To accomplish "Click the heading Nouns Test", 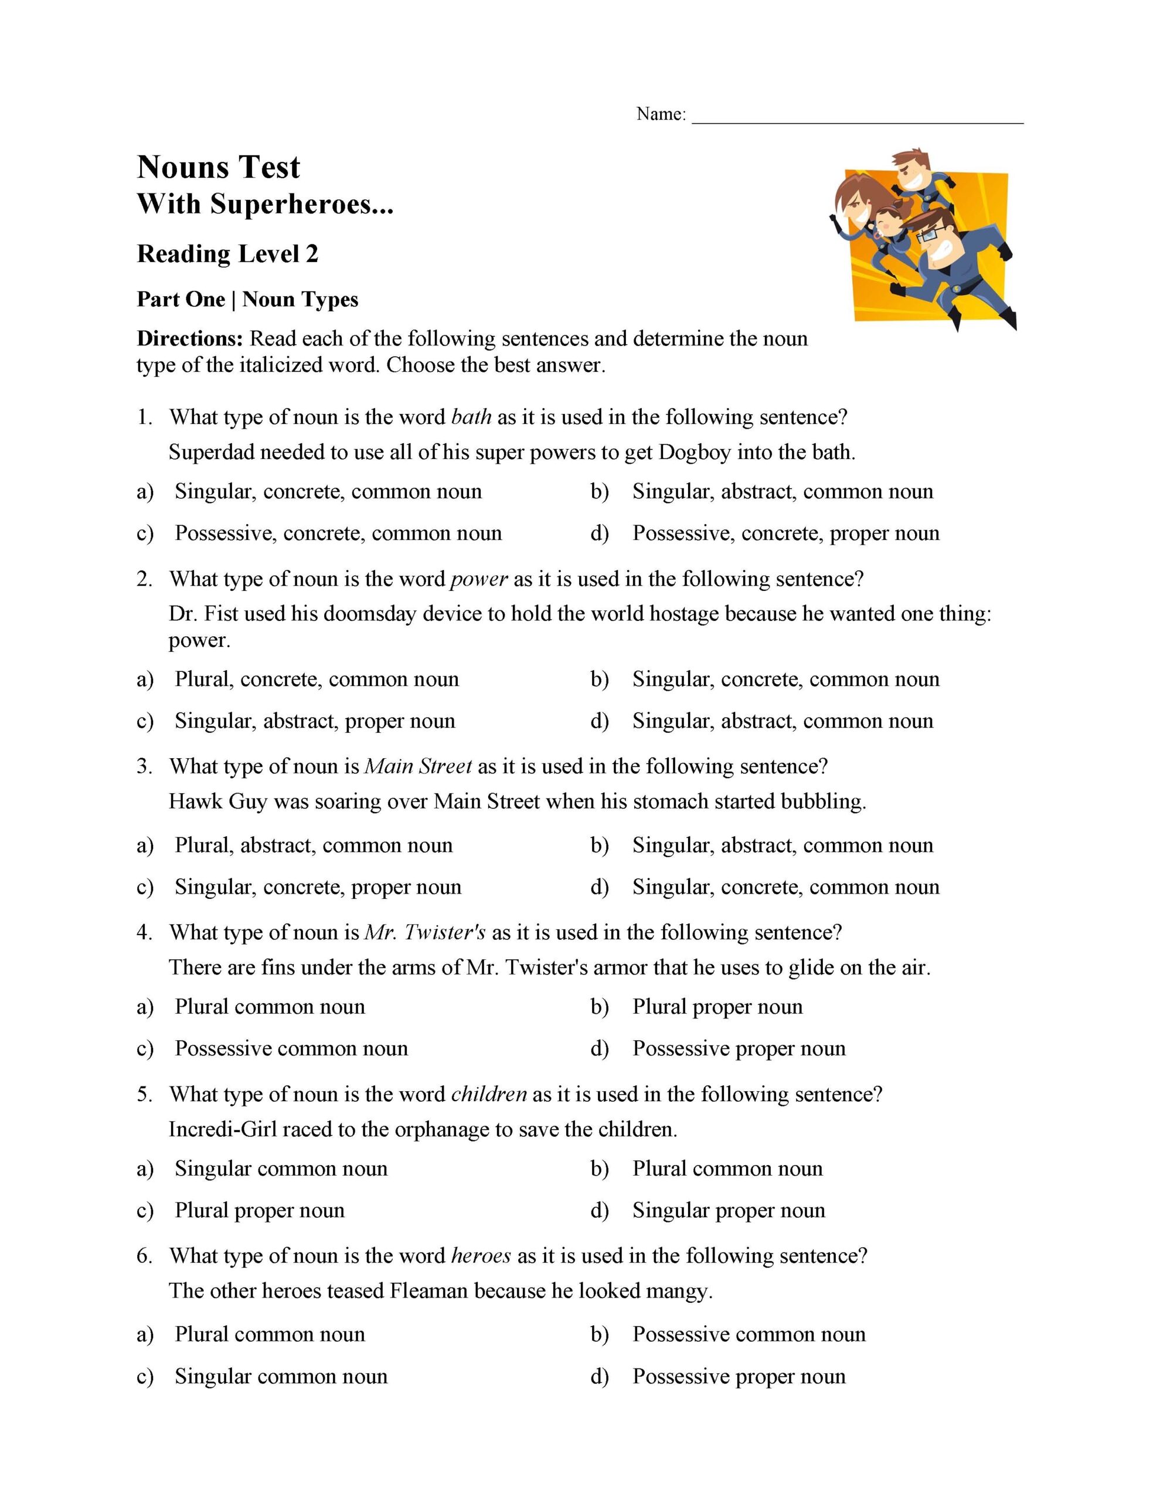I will tap(219, 167).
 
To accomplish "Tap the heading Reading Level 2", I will tap(227, 254).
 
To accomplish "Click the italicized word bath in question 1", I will tap(471, 417).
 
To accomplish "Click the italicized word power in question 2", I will tap(479, 579).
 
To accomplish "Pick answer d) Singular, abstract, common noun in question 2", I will tap(782, 721).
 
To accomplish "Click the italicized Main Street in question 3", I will tap(418, 766).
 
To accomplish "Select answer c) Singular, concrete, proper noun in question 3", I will tap(318, 887).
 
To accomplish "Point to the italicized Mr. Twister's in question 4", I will tap(425, 933).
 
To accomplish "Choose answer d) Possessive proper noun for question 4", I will tap(739, 1048).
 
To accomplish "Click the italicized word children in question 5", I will tap(489, 1094).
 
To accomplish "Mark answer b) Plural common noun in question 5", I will tap(727, 1169).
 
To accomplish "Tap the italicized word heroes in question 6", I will tap(481, 1256).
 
